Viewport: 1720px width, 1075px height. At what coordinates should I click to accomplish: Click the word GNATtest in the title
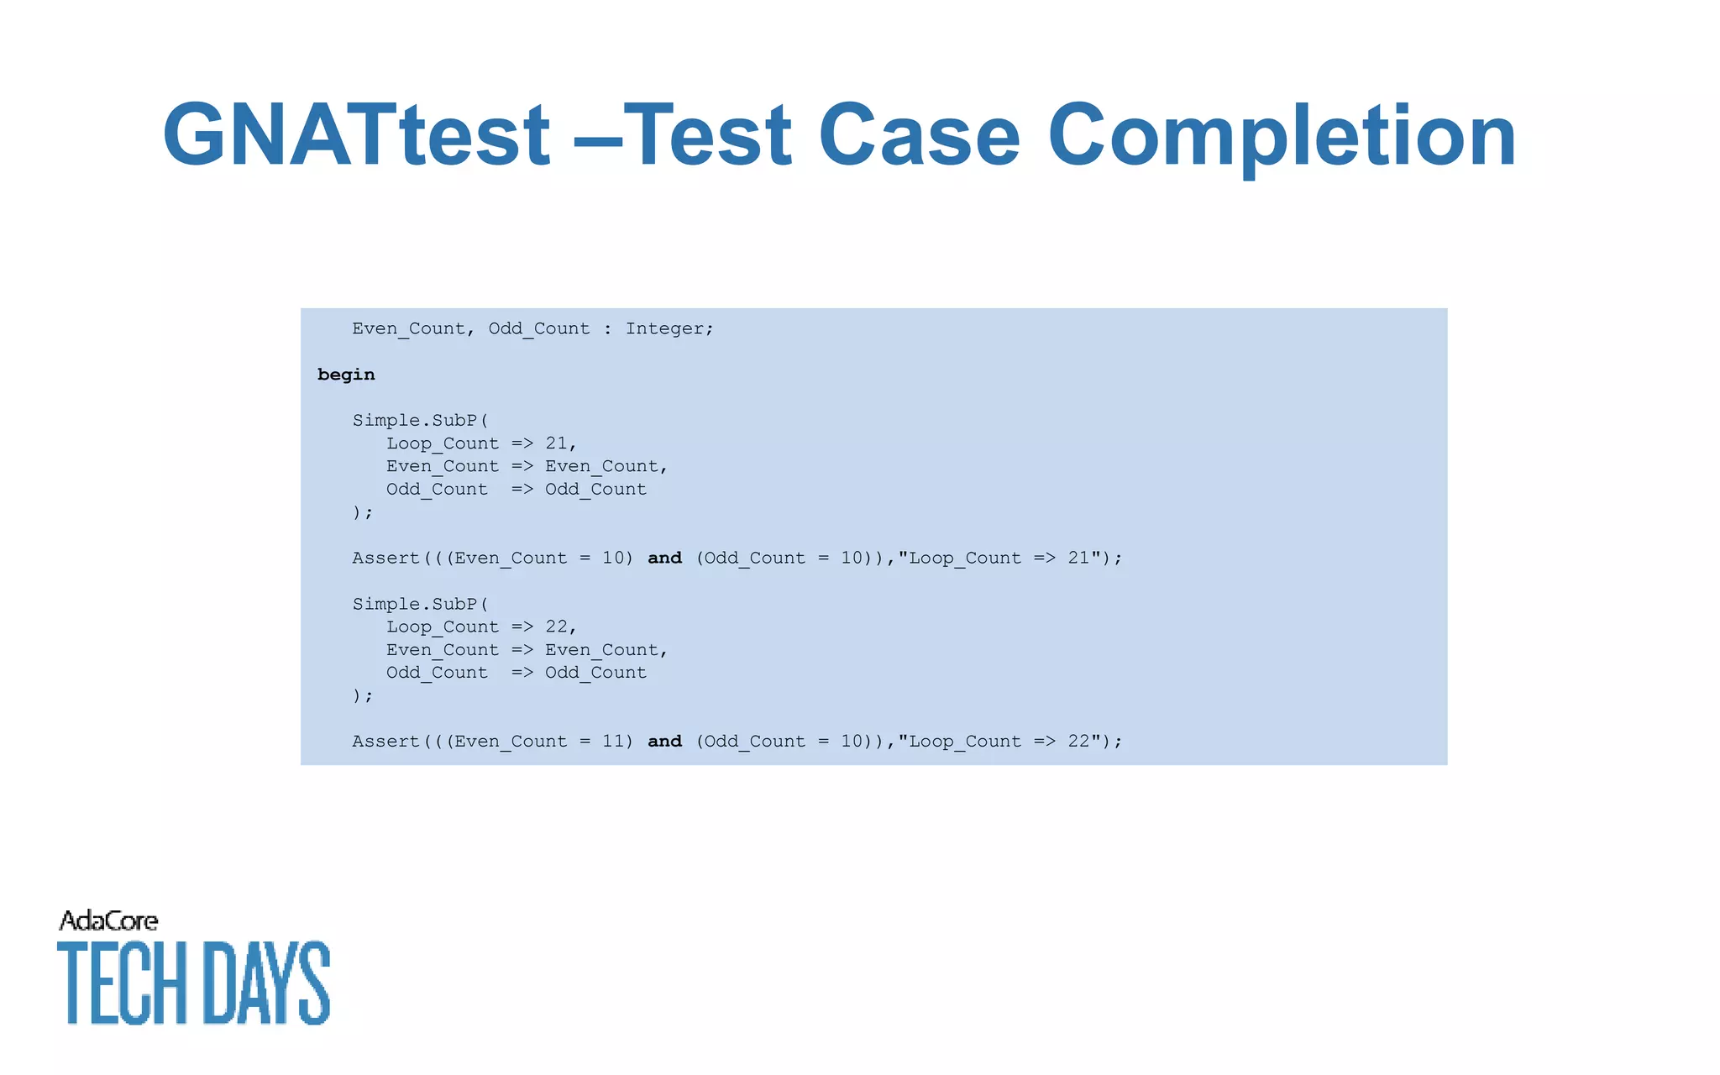click(x=356, y=136)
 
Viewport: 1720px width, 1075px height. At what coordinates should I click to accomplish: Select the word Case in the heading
click(x=919, y=136)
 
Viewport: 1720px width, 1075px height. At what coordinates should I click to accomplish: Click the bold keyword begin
click(x=346, y=375)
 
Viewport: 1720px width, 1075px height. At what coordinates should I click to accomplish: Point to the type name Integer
click(x=668, y=329)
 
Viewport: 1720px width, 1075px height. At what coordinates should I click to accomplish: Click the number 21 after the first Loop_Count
click(x=557, y=443)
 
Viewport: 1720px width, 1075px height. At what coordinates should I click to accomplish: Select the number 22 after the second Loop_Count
click(x=557, y=627)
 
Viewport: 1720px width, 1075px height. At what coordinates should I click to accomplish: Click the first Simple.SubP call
click(x=419, y=420)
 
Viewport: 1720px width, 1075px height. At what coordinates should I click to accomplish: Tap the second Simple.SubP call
click(x=419, y=604)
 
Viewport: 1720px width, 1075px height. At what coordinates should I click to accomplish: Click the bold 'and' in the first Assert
click(x=664, y=558)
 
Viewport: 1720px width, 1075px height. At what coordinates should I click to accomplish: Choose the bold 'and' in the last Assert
click(x=664, y=742)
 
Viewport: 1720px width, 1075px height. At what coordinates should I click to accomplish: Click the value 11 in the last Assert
click(x=613, y=742)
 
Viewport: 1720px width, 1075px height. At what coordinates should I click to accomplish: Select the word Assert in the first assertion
click(x=385, y=558)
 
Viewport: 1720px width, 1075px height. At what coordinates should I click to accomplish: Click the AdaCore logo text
click(x=108, y=921)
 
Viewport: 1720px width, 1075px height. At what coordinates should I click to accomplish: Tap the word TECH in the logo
click(x=122, y=983)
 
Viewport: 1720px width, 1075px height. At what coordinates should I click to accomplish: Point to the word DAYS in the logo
click(x=266, y=983)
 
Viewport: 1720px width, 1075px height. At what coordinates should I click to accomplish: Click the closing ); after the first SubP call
click(x=362, y=512)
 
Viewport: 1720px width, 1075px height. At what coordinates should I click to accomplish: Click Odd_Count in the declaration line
click(x=539, y=329)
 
